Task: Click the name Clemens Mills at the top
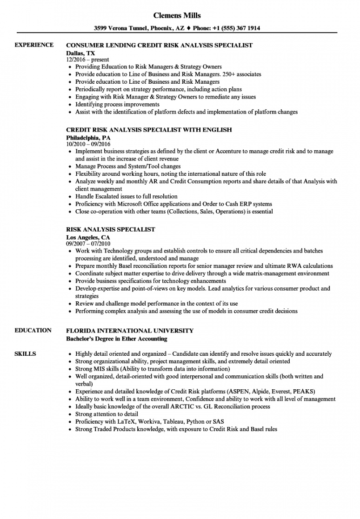[x=180, y=15]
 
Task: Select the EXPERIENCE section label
[x=34, y=45]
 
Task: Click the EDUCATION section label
[x=33, y=330]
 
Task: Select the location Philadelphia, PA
[x=88, y=137]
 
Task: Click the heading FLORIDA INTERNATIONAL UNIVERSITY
[x=130, y=330]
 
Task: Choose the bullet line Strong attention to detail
[x=107, y=414]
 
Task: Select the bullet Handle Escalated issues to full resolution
[x=126, y=196]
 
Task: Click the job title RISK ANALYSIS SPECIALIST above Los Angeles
[x=111, y=229]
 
